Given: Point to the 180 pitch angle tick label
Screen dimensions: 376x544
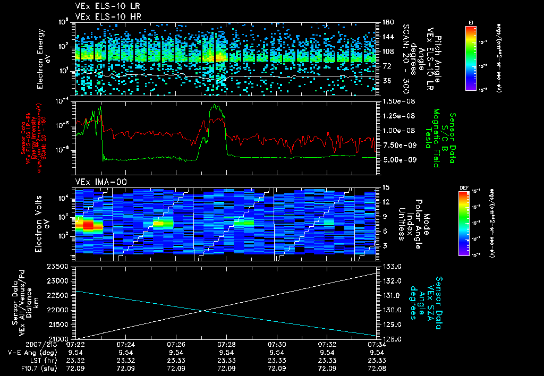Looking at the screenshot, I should [x=386, y=22].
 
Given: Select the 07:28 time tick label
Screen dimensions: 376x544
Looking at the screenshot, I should [x=226, y=344].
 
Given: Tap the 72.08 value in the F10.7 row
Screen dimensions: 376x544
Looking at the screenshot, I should [x=376, y=368].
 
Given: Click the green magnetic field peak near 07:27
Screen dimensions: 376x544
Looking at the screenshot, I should [x=216, y=107].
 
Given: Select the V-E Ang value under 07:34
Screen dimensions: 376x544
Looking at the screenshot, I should [x=376, y=352].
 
